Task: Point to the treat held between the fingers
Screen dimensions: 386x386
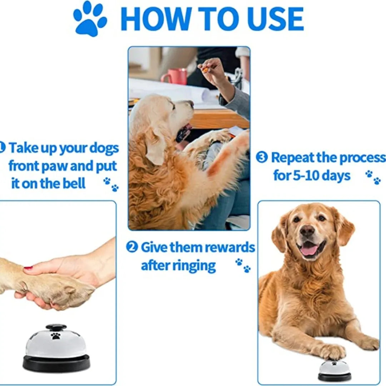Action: (205, 69)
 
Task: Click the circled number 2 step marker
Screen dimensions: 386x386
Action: (132, 247)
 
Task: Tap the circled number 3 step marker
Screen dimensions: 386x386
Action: (262, 157)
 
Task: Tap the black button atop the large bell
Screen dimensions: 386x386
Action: (56, 327)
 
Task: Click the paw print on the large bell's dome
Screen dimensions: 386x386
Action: (55, 336)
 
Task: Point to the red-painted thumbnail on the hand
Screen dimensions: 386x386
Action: (28, 267)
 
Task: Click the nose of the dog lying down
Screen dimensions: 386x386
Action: (307, 231)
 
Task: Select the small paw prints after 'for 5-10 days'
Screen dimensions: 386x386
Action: (373, 177)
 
